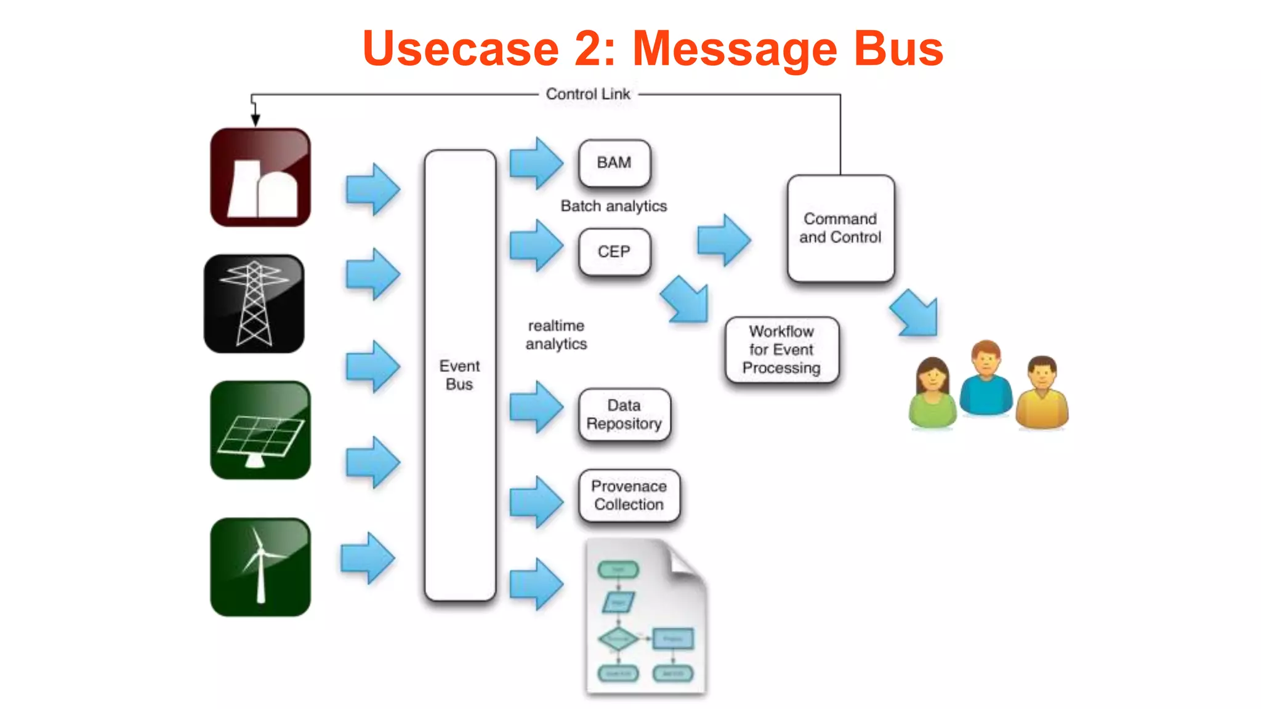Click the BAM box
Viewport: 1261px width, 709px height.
[614, 163]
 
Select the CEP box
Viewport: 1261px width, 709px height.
[614, 252]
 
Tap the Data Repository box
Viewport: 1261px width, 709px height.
[624, 415]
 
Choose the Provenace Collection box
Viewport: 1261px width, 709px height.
[629, 495]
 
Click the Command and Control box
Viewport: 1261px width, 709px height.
[840, 228]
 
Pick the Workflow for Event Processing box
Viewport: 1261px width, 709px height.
[781, 350]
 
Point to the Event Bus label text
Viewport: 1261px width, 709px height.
[459, 375]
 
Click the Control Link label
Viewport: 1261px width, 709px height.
[587, 94]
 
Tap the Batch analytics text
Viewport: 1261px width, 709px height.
[613, 206]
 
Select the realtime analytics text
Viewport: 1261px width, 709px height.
[556, 335]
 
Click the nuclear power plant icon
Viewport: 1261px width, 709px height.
[260, 177]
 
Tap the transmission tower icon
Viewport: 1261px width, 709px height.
[254, 303]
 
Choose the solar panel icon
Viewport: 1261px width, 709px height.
[260, 430]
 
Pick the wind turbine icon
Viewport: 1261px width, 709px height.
[260, 567]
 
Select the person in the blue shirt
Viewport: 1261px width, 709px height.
[986, 379]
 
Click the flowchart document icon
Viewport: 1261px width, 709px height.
[645, 617]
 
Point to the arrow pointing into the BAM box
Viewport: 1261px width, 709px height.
[536, 163]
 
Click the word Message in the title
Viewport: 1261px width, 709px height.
[735, 49]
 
